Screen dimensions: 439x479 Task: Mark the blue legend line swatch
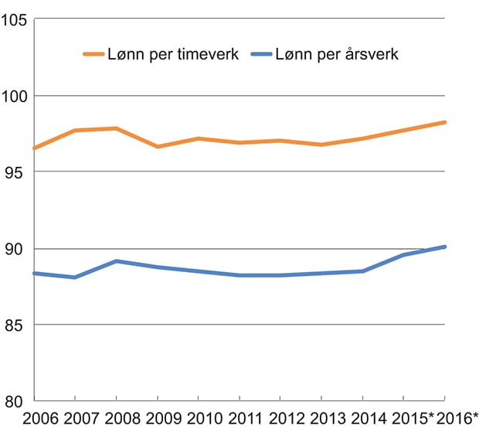pos(267,54)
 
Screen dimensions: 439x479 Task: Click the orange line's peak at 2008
pos(116,128)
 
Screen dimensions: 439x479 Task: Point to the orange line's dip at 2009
pos(158,146)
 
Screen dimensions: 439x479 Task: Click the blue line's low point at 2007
pos(75,277)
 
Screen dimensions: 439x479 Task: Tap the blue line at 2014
pos(363,271)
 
